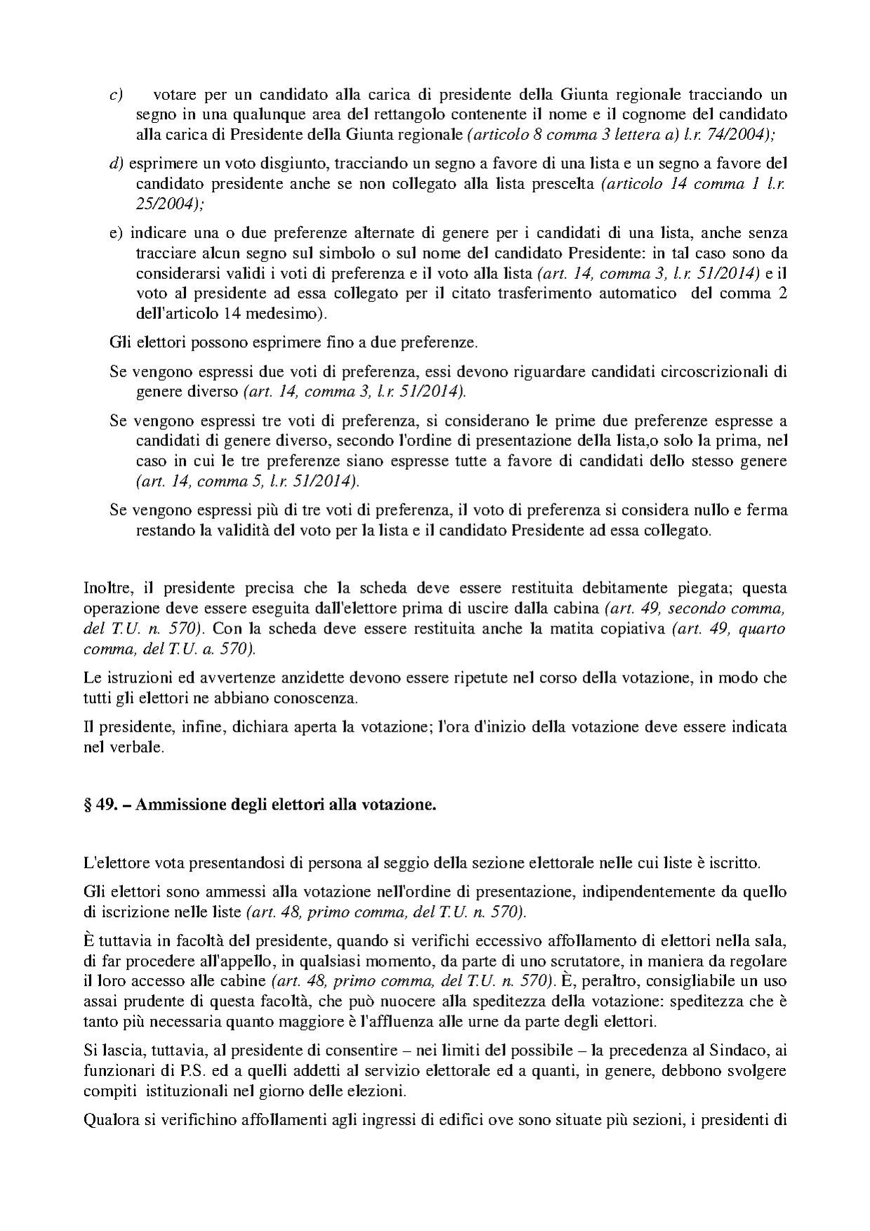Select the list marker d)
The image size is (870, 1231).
[x=116, y=164]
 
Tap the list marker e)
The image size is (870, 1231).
[x=116, y=232]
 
